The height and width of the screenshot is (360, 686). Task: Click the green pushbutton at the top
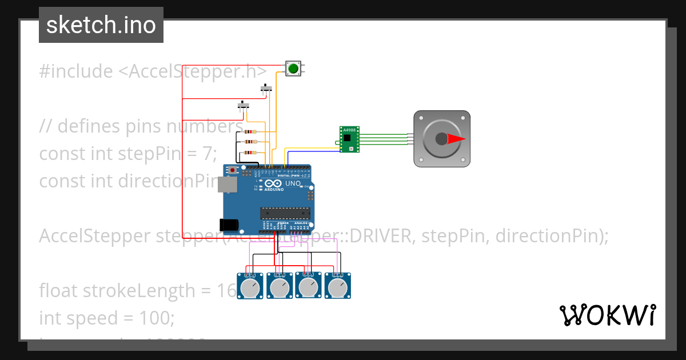point(293,69)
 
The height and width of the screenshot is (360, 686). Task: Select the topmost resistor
point(250,131)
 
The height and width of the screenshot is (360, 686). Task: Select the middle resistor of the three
point(250,142)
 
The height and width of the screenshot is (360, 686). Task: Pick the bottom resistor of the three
point(250,153)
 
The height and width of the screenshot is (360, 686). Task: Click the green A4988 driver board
point(349,139)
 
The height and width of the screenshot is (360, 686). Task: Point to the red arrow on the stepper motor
point(456,139)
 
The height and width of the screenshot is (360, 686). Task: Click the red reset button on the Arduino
point(232,170)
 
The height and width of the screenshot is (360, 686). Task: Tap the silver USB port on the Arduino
point(228,184)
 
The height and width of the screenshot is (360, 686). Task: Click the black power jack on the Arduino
point(229,225)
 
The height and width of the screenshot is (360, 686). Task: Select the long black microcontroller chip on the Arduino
point(285,213)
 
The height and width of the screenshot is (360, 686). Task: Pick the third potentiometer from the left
point(309,287)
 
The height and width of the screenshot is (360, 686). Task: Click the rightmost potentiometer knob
point(338,287)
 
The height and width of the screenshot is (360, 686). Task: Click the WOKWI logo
point(607,315)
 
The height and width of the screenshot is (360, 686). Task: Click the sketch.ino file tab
point(101,25)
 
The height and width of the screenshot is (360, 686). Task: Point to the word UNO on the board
point(293,183)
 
